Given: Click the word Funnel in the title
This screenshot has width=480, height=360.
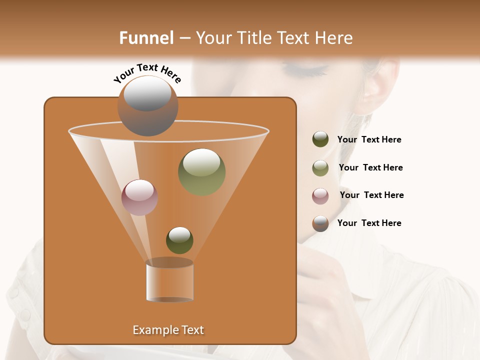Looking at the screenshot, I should [x=146, y=38].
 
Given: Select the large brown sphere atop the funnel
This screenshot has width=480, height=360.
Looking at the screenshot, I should [x=148, y=106].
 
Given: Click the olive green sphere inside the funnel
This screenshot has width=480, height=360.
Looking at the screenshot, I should [x=201, y=171].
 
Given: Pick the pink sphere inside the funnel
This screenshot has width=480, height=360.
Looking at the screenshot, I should [x=139, y=197].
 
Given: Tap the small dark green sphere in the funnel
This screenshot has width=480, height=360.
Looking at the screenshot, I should [x=179, y=240].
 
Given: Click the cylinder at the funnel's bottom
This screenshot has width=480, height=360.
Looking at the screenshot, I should [x=169, y=281].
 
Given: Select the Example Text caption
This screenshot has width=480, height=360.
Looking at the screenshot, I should [x=168, y=330].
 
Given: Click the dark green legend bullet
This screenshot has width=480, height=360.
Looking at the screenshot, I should [x=320, y=139].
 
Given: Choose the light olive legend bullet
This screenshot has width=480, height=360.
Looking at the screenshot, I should [x=320, y=168].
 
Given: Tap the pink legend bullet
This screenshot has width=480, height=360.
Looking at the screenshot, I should [x=320, y=196].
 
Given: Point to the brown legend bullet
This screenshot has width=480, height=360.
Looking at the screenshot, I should [x=320, y=223].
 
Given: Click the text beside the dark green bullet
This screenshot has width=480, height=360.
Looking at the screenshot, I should [x=369, y=140].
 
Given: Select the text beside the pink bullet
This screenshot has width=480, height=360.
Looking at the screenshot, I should [x=371, y=195].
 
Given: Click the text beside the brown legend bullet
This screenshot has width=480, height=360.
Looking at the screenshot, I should [x=369, y=223].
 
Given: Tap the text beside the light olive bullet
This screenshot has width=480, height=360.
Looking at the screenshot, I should [x=370, y=167].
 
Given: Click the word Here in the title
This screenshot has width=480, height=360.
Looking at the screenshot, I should [x=334, y=38].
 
